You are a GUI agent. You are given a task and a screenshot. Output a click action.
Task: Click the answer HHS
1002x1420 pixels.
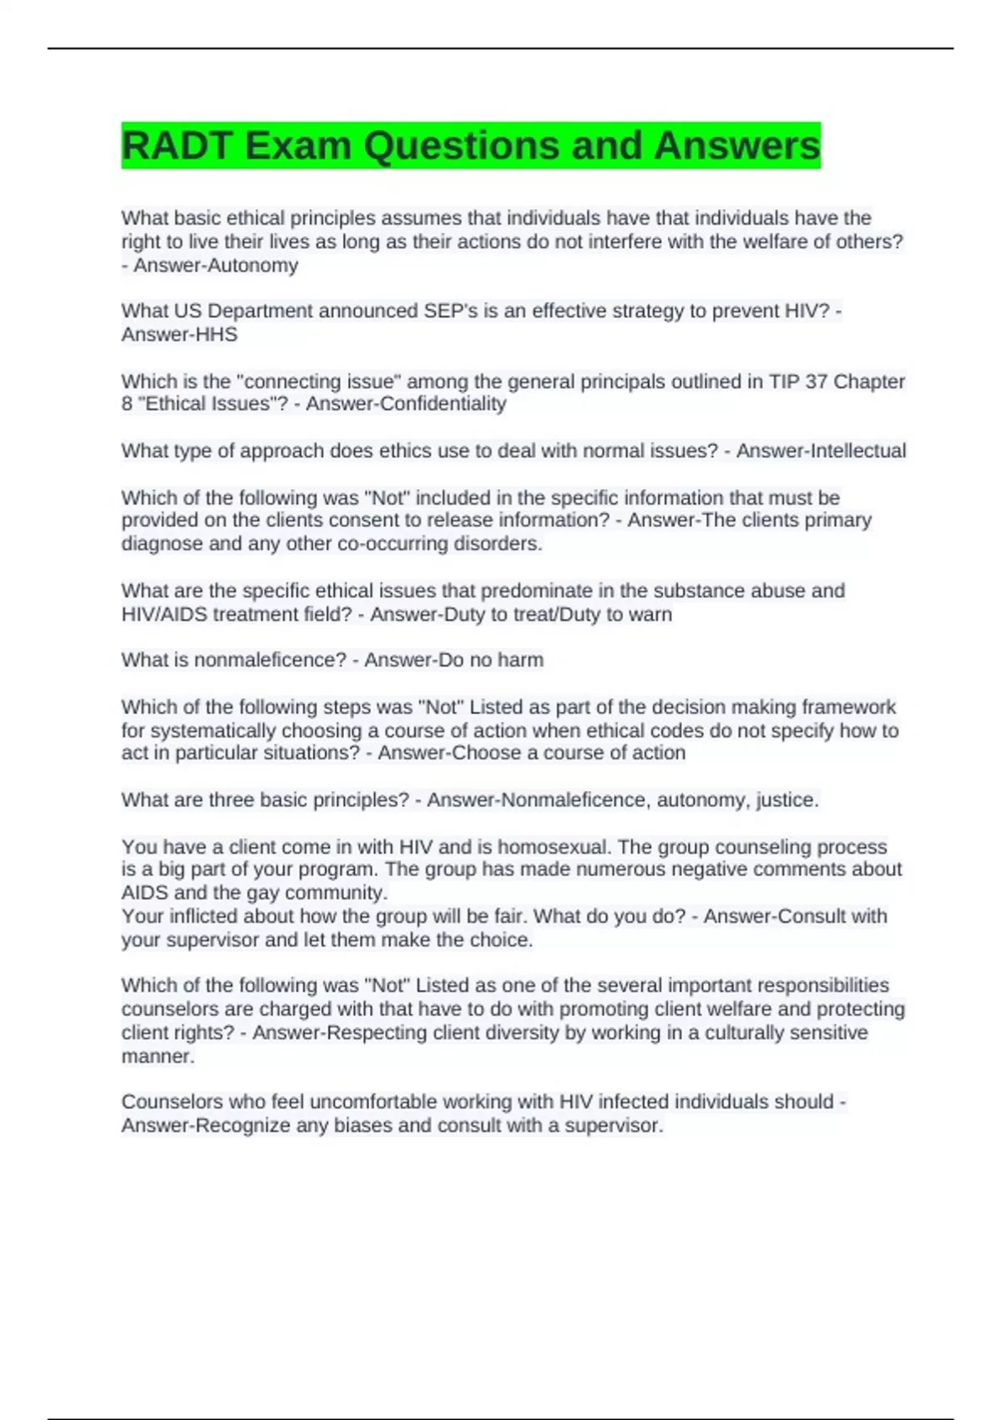tap(215, 335)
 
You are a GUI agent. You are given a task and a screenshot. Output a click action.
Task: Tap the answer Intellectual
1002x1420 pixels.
tap(858, 451)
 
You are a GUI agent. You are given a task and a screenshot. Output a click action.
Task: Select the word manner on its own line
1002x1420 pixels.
tap(158, 1057)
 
